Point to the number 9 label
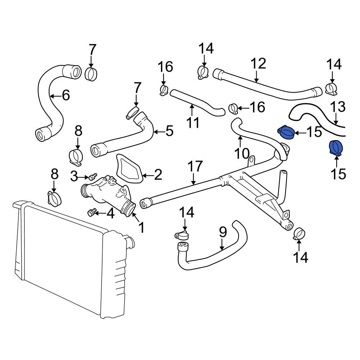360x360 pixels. pyautogui.click(x=223, y=232)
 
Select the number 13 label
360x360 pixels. pyautogui.click(x=337, y=107)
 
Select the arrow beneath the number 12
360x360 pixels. pyautogui.click(x=256, y=76)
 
